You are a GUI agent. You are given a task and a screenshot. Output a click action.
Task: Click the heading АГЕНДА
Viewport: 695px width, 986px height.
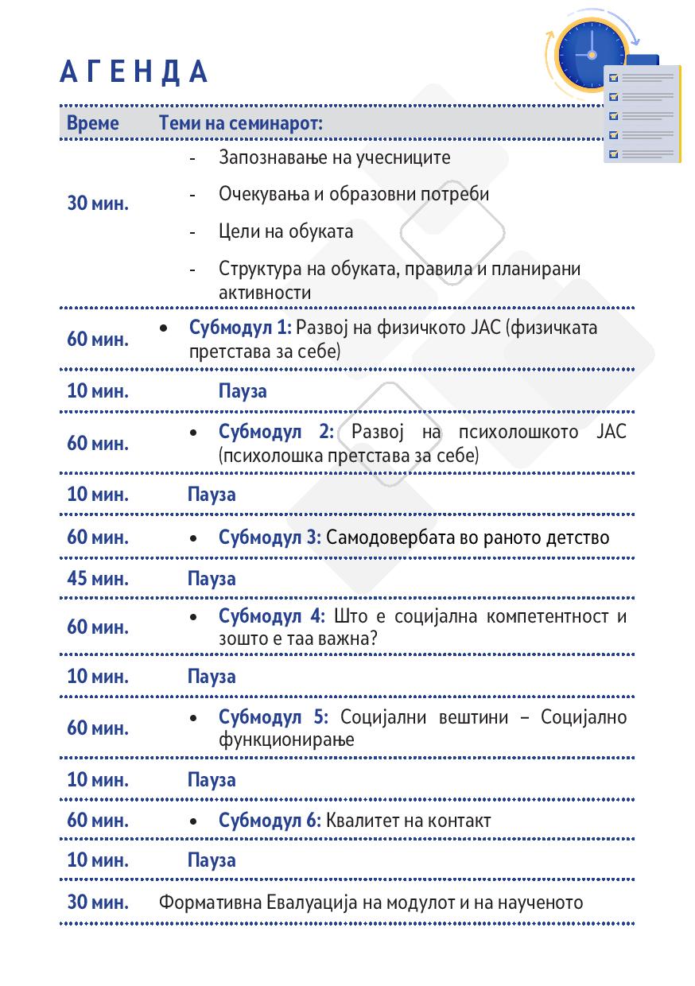pos(134,72)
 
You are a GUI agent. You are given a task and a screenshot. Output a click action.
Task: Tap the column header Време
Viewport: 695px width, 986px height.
pos(93,123)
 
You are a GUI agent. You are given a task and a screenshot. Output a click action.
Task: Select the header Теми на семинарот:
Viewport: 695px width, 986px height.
pos(241,123)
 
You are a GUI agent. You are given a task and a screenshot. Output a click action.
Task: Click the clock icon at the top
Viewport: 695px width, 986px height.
pos(592,52)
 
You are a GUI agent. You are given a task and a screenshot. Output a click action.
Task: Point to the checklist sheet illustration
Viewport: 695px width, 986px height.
pos(642,115)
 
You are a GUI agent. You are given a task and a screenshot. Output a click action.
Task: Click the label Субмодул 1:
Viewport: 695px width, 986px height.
pos(241,327)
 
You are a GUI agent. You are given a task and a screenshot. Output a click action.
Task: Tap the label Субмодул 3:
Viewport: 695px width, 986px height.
pos(270,538)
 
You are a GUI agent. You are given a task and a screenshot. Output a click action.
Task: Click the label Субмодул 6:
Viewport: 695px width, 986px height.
pos(270,821)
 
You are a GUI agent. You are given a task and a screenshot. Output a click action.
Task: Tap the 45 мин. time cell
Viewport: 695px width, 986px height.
pos(98,578)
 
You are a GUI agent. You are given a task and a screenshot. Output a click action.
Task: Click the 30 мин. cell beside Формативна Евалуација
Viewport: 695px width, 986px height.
pos(98,903)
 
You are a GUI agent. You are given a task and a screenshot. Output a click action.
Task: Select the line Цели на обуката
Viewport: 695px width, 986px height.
pos(285,231)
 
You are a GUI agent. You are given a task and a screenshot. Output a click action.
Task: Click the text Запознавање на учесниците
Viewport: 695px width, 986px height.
pos(334,157)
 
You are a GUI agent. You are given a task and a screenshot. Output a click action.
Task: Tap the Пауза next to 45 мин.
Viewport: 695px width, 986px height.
pos(212,578)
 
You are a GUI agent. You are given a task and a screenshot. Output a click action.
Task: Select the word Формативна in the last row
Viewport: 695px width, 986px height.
pos(209,903)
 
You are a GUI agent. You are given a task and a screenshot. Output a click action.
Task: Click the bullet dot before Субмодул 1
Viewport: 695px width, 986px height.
pos(164,328)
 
